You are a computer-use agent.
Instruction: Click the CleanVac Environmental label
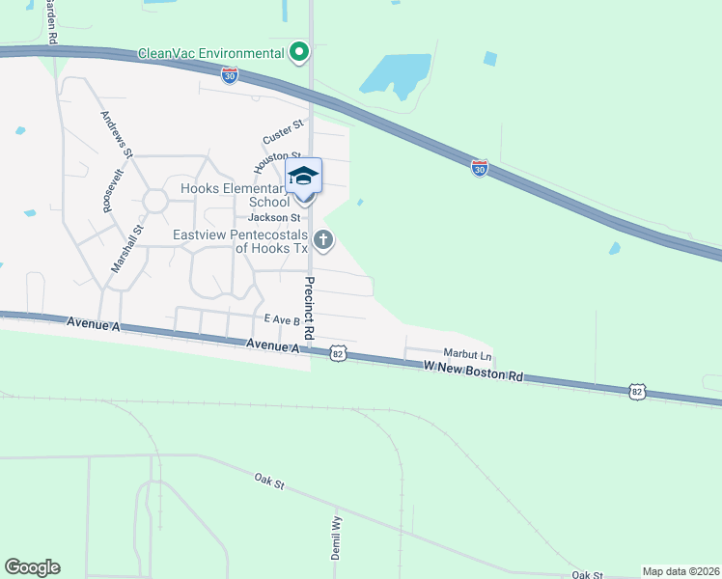[210, 53]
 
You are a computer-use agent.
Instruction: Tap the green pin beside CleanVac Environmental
[299, 51]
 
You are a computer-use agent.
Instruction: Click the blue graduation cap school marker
[303, 176]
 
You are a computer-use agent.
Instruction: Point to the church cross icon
[323, 240]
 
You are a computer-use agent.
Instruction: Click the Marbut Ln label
[467, 354]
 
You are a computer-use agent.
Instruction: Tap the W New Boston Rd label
[473, 371]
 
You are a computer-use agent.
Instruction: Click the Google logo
[32, 567]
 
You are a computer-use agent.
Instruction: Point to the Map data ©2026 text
[680, 571]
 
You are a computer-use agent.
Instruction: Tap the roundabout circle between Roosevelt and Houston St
[154, 201]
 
